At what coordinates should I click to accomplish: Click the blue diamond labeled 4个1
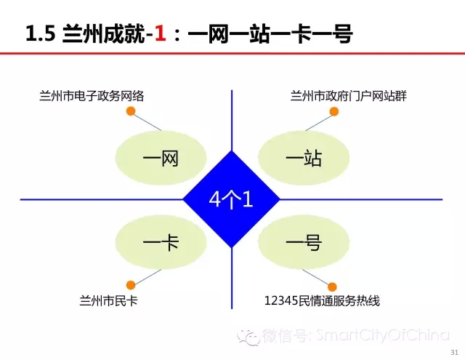(231, 199)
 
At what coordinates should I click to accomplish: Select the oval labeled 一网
(161, 158)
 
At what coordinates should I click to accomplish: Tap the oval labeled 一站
(304, 158)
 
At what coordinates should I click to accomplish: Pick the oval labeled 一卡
(161, 242)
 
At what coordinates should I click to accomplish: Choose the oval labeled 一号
(304, 242)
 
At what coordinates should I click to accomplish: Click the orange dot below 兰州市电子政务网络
(131, 111)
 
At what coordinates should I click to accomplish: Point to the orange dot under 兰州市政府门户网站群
(334, 111)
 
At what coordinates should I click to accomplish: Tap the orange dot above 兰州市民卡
(131, 285)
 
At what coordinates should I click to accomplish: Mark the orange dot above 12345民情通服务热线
(332, 287)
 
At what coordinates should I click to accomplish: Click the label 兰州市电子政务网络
(92, 96)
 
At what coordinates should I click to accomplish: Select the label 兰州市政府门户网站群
(349, 96)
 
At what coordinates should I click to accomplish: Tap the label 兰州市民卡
(108, 301)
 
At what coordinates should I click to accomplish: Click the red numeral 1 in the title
(160, 33)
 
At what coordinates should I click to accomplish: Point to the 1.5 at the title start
(41, 33)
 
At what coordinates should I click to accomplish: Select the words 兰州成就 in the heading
(104, 33)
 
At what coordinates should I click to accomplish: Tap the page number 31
(454, 352)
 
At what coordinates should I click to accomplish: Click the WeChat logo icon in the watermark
(248, 337)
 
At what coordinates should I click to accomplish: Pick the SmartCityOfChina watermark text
(383, 335)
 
